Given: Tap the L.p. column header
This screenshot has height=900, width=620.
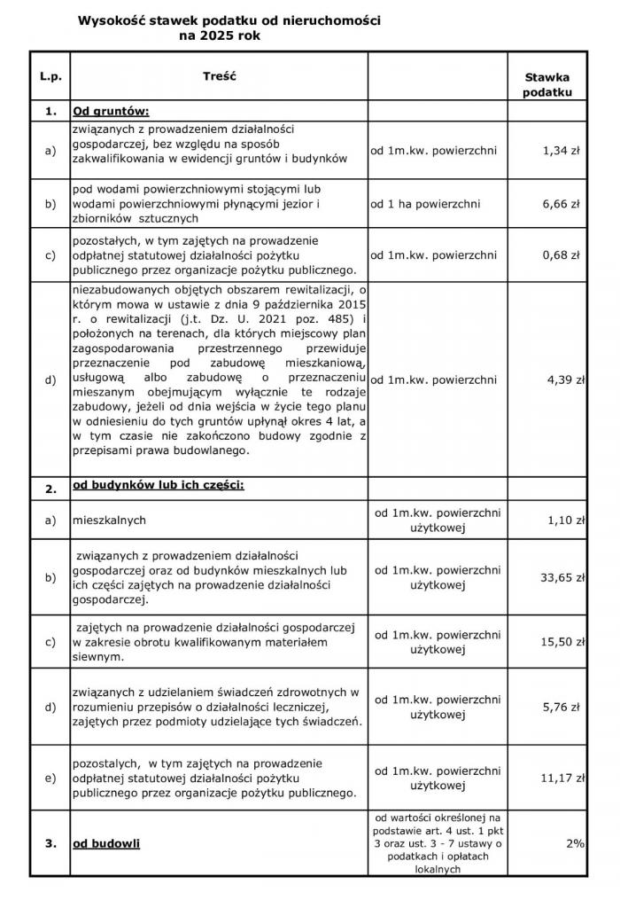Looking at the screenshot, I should [50, 77].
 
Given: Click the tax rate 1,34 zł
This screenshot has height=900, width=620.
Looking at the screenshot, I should [561, 151].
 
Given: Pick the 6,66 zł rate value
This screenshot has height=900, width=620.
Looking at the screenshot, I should [561, 204].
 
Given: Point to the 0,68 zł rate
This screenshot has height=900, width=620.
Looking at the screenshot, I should [561, 255].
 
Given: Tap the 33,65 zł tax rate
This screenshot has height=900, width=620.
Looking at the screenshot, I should [563, 577].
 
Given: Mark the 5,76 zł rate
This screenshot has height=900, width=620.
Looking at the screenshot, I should [562, 707].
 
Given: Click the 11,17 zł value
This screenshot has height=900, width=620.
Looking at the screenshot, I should [563, 778].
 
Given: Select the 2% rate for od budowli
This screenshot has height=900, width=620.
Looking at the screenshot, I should [574, 843].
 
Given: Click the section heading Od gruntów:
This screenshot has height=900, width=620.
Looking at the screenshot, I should [111, 112].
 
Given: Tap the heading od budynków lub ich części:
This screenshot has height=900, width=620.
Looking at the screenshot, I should [158, 487].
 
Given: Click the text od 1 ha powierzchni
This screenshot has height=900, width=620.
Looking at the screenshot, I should [426, 204].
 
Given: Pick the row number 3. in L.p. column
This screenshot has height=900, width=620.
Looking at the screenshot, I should [50, 843].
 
